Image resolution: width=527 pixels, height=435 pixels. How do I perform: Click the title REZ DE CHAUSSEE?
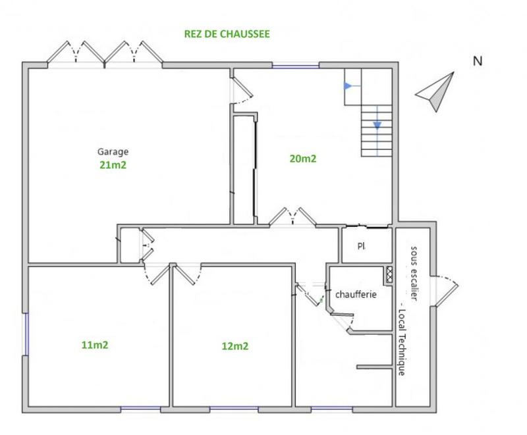pos(227,34)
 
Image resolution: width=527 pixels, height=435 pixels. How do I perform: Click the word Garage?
pos(113,151)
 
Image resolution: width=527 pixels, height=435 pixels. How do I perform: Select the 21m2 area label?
pos(113,165)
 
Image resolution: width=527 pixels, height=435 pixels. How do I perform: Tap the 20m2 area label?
pos(303,159)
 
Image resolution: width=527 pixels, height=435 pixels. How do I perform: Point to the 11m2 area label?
pos(95,344)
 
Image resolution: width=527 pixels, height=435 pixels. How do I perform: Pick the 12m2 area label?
pos(235,345)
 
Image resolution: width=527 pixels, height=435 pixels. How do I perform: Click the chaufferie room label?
pos(356,295)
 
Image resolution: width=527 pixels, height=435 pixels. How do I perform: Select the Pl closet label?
pos(362,247)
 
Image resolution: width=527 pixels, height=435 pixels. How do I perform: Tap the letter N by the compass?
pos(478,62)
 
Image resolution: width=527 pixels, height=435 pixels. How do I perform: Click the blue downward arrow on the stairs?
pos(377,125)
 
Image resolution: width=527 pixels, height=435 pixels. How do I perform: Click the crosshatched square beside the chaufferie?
pos(389,274)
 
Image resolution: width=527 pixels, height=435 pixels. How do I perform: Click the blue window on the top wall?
pos(296,64)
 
